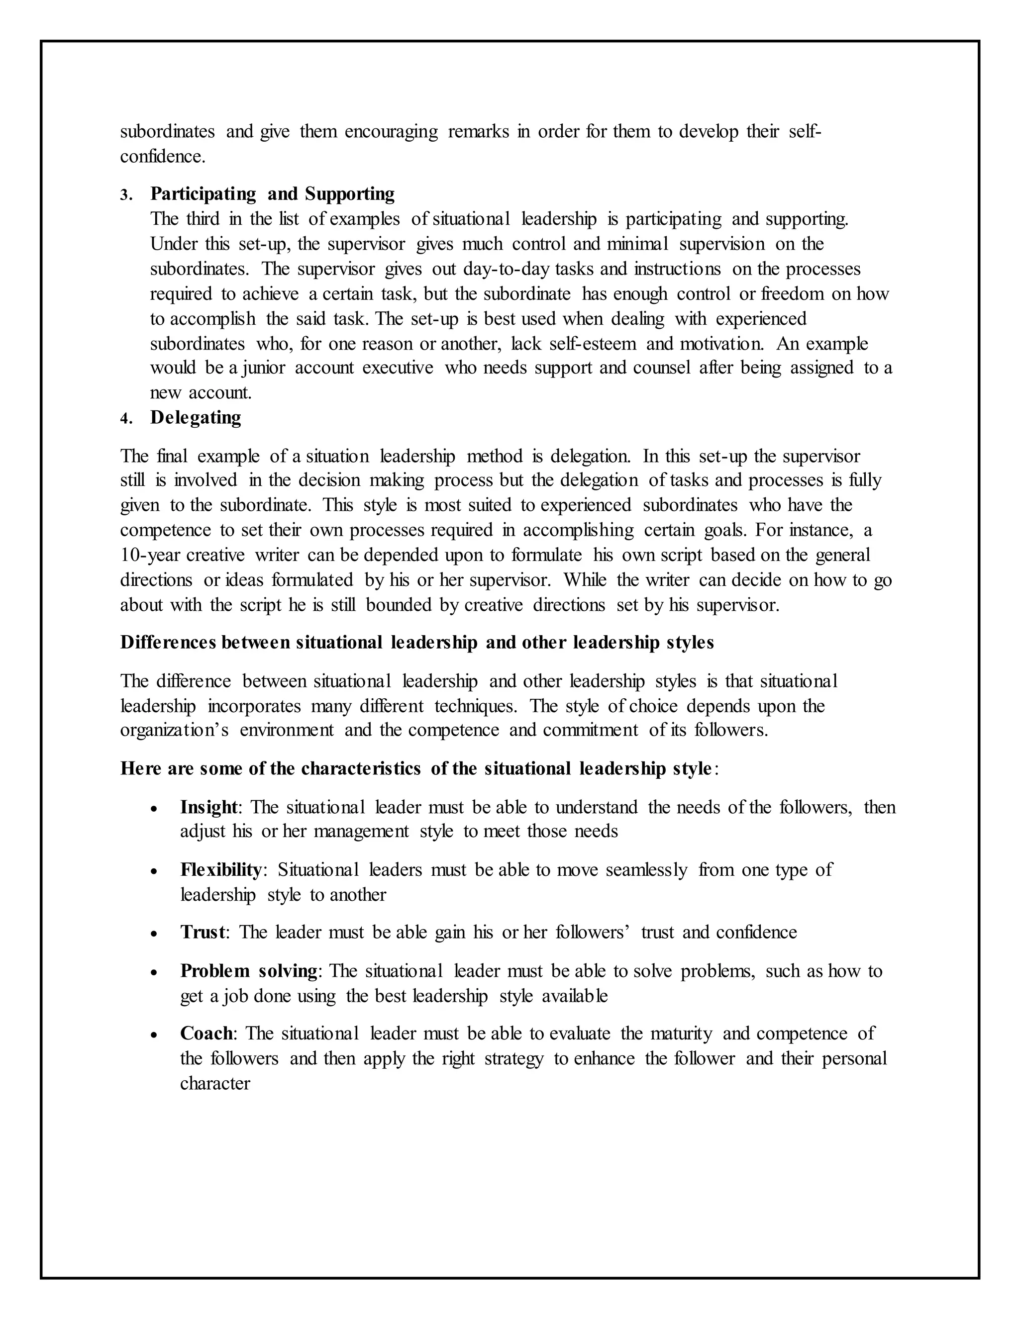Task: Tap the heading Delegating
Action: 196,418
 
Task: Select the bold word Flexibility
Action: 221,869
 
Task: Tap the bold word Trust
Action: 203,933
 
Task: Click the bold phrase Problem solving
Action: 249,971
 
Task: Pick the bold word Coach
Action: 206,1034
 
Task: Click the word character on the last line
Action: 215,1084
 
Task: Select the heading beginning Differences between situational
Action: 416,643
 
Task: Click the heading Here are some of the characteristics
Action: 416,769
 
